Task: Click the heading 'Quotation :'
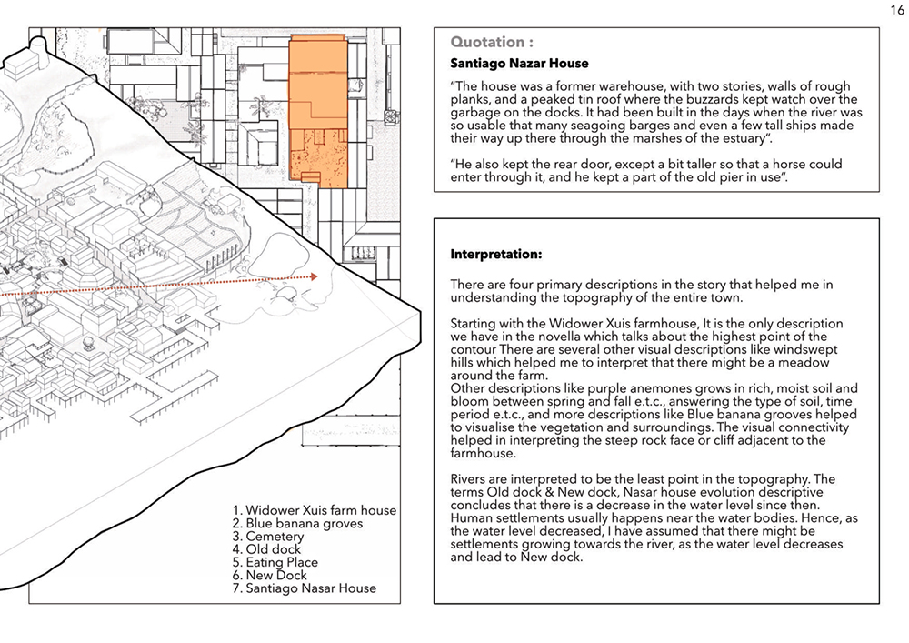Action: [x=487, y=42]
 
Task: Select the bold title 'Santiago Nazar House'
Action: [x=519, y=64]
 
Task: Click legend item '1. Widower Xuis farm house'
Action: [x=315, y=510]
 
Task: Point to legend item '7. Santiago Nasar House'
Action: [x=305, y=588]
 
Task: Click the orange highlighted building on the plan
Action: [x=318, y=100]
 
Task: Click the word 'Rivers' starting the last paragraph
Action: [x=473, y=479]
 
